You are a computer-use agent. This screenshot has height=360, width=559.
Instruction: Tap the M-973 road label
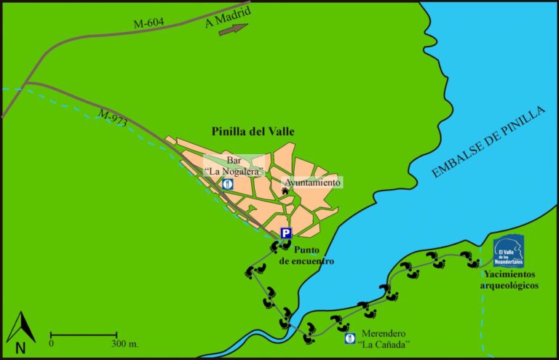point(112,118)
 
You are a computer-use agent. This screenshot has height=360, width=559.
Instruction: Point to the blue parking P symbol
point(286,233)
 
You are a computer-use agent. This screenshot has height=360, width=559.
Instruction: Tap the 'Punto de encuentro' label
point(307,255)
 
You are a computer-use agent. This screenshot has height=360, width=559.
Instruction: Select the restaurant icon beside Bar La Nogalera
point(229,184)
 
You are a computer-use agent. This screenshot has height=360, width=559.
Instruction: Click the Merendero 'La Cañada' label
point(382,338)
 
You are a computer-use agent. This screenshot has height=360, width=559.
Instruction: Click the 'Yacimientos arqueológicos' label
point(509,280)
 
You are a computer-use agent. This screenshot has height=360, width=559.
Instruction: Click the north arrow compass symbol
point(20,327)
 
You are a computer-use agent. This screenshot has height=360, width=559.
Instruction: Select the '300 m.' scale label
point(127,343)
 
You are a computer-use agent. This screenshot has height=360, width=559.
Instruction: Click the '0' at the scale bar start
point(52,343)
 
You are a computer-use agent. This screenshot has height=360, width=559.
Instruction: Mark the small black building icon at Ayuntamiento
point(285,191)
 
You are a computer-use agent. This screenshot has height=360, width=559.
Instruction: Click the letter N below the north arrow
point(20,348)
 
